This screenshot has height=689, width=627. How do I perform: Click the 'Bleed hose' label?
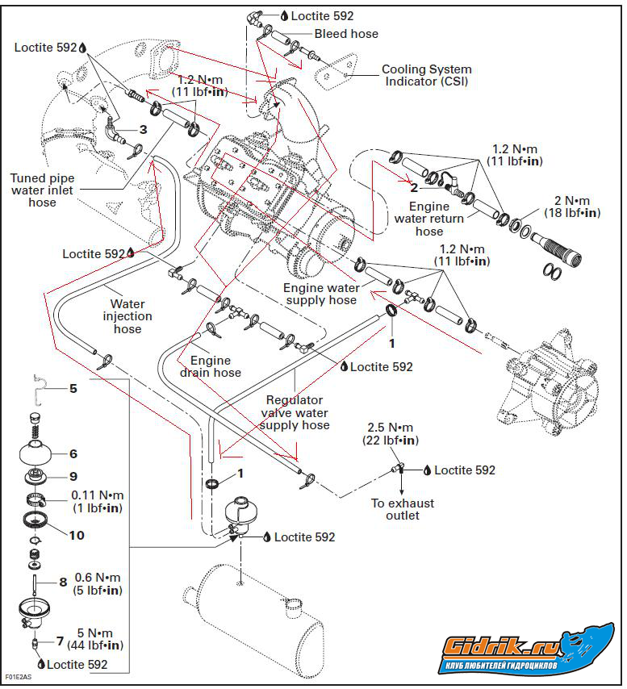click(x=346, y=34)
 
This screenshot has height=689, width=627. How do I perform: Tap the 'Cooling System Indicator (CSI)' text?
click(x=426, y=75)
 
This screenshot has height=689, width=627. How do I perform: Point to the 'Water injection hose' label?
click(x=127, y=316)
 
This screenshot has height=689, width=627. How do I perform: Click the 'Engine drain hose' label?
click(x=215, y=366)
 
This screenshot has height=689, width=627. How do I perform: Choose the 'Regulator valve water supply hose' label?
click(x=294, y=412)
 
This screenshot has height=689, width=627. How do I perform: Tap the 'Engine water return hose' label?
click(x=429, y=219)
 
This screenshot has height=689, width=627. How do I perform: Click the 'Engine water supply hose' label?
click(x=320, y=294)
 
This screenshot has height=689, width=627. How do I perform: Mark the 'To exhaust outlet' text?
click(x=403, y=509)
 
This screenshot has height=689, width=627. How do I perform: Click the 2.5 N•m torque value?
click(x=391, y=433)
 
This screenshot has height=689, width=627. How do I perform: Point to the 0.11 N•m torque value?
click(x=98, y=500)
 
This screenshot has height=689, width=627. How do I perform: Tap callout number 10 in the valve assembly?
click(x=77, y=535)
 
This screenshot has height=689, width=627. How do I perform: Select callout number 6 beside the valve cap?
click(x=73, y=454)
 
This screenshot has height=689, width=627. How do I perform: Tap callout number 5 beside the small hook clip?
click(x=73, y=389)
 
